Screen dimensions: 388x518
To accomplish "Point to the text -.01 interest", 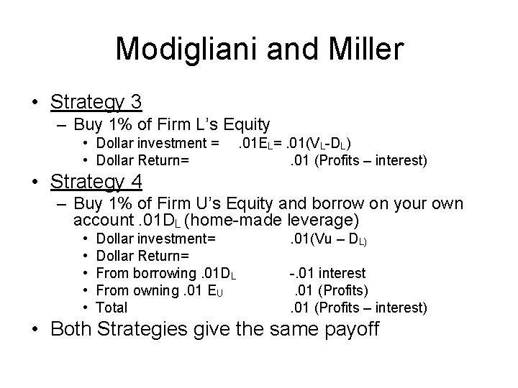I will [327, 273].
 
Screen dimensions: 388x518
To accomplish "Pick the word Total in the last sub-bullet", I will [112, 308].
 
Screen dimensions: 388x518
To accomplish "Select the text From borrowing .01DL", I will [166, 273].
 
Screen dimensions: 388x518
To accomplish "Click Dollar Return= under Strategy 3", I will [142, 160].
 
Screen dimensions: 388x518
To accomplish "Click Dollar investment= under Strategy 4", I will [155, 239].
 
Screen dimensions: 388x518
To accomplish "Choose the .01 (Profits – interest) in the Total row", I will [358, 308].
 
